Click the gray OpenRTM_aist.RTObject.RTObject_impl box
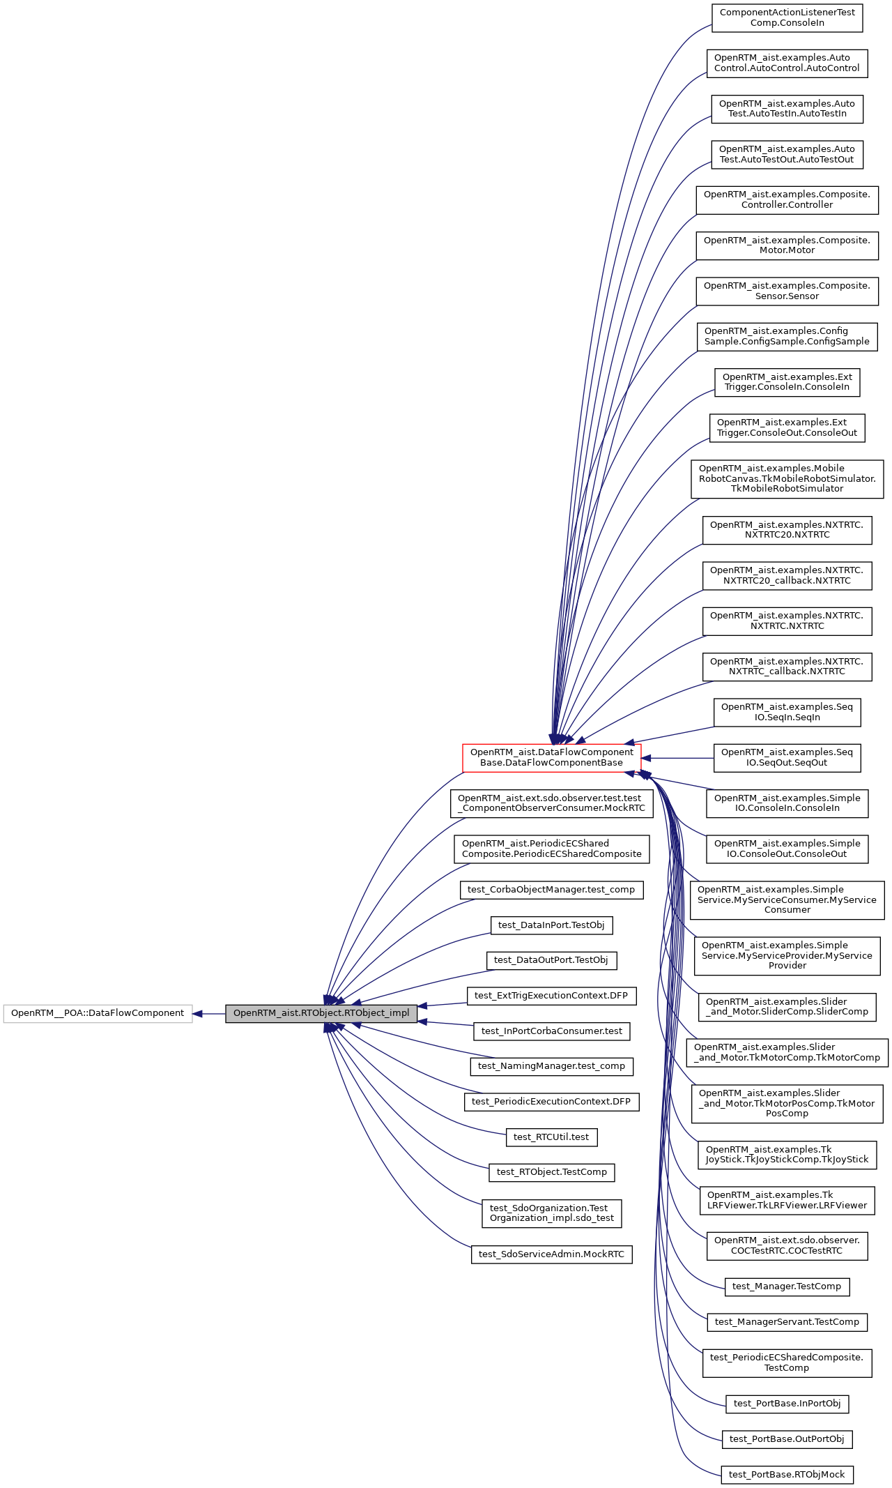pos(321,1013)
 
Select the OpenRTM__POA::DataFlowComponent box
pos(98,1013)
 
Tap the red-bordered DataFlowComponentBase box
pos(551,757)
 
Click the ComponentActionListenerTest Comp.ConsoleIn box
pos(787,17)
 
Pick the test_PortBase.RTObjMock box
pos(787,1474)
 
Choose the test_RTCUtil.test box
pos(551,1137)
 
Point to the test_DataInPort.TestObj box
pos(551,925)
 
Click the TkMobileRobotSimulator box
pos(787,478)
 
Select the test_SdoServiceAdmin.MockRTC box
pos(551,1254)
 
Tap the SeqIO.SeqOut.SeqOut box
pos(787,757)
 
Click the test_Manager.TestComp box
pos(787,1286)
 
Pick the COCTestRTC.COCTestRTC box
pos(787,1245)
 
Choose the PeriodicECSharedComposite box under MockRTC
pos(551,849)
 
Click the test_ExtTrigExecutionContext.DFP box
pos(551,995)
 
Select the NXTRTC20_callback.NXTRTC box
pos(787,575)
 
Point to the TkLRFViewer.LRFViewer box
pos(787,1200)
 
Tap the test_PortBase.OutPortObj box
pos(787,1438)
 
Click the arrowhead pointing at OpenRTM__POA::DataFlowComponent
pos(198,1013)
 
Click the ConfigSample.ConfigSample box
pos(787,336)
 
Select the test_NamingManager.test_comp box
pos(551,1065)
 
